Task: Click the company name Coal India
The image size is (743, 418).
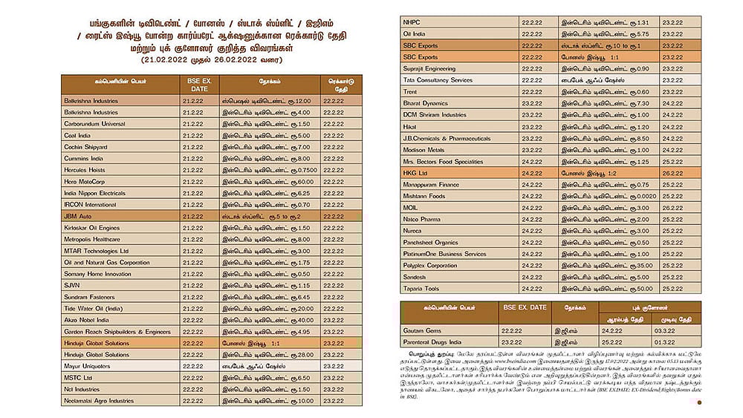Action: (x=77, y=135)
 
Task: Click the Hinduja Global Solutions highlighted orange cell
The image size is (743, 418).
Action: (x=97, y=343)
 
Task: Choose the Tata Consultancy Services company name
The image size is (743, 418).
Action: (x=438, y=80)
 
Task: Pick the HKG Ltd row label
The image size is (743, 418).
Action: (x=415, y=172)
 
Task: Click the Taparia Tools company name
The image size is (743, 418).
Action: (x=421, y=289)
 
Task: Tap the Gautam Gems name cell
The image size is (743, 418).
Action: (x=423, y=330)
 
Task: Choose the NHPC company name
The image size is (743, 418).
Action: (x=412, y=22)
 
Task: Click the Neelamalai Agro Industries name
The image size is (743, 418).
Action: (x=99, y=401)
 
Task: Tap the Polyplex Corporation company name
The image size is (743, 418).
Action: (x=430, y=265)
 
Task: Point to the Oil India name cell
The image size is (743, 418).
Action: (x=415, y=34)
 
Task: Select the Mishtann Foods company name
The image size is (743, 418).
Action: (x=424, y=196)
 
